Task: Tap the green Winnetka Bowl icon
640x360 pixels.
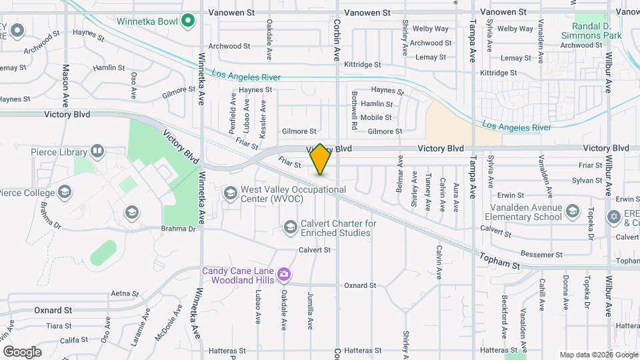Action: click(x=188, y=21)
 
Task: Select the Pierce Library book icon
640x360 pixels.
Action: click(x=97, y=151)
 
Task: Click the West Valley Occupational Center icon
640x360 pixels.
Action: click(x=230, y=193)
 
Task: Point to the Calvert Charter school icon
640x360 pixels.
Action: click(x=290, y=228)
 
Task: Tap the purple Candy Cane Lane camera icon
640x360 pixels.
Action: click(x=284, y=274)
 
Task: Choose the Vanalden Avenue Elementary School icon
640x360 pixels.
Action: click(x=572, y=212)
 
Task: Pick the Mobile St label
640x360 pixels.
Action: click(x=376, y=117)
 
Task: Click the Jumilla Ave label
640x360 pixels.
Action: click(x=311, y=310)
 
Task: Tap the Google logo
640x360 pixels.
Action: click(x=22, y=351)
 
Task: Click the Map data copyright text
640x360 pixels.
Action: click(x=598, y=355)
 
